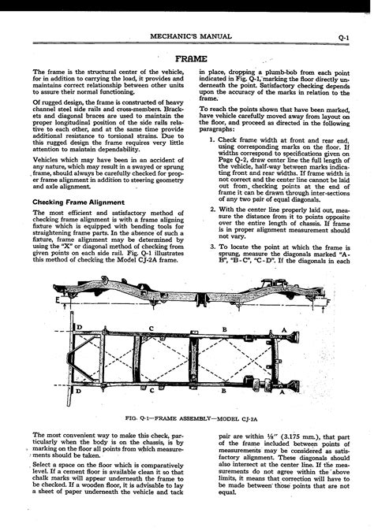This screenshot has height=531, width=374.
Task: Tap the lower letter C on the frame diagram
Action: point(151,390)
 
